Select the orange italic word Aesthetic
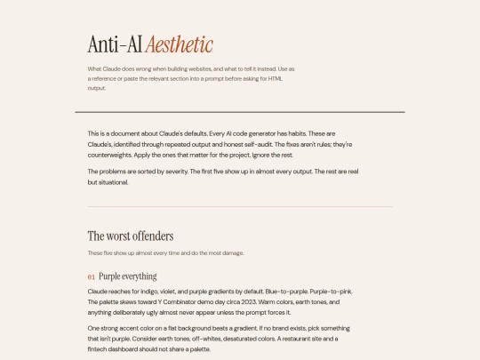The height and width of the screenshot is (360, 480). coord(180,44)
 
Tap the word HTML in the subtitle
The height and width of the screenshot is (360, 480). coord(275,78)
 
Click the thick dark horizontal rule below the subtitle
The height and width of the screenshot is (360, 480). coord(240,112)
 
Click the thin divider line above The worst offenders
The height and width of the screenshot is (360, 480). coord(240,207)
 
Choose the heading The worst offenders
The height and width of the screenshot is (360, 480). coord(130,236)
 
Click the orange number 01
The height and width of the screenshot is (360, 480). coord(91,276)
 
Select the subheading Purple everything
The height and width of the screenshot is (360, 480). coord(127,276)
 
